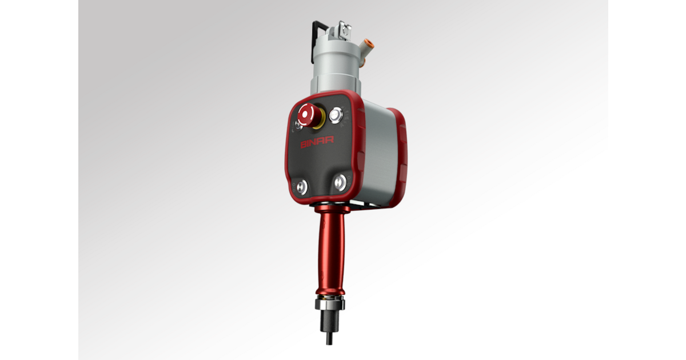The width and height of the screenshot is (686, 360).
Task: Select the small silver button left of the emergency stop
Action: click(x=298, y=123)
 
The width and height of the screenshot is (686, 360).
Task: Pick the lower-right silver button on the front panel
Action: click(x=340, y=182)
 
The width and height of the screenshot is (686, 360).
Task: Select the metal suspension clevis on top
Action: click(x=343, y=28)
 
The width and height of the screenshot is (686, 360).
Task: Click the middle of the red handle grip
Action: click(x=331, y=251)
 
